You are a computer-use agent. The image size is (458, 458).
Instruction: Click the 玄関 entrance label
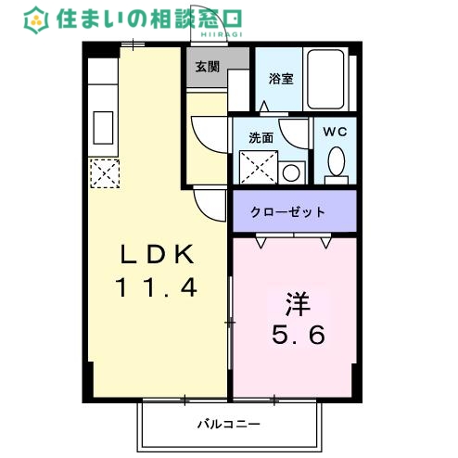point(207,67)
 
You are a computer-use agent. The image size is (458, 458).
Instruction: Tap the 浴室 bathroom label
point(281,78)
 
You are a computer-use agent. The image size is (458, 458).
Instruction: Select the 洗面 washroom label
point(261,137)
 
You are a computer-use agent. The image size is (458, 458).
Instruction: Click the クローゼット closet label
point(288,211)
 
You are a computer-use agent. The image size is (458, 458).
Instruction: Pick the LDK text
point(158,253)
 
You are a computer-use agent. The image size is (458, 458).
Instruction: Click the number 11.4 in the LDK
point(158,288)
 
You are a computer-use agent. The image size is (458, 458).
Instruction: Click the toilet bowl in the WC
point(337,163)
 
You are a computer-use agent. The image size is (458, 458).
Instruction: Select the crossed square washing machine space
point(259,167)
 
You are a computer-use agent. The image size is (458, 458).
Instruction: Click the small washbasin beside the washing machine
point(291,172)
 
